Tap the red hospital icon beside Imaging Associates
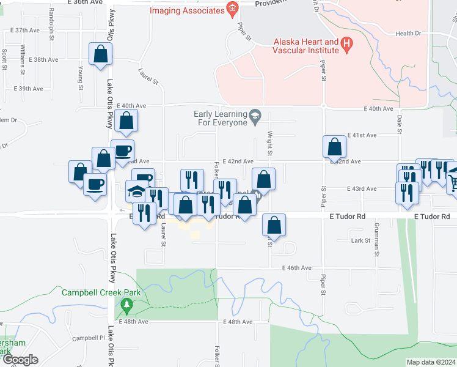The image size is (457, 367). [x=232, y=8]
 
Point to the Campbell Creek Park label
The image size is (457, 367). [x=101, y=292]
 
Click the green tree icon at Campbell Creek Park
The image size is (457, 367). [x=127, y=305]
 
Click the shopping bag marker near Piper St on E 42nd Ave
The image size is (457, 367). [x=334, y=146]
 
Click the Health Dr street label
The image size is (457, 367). [x=409, y=34]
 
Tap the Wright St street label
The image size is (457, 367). [x=269, y=145]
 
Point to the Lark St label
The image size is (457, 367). [x=361, y=241]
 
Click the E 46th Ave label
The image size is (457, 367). [x=297, y=268]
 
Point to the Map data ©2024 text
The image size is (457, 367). [x=431, y=362]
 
